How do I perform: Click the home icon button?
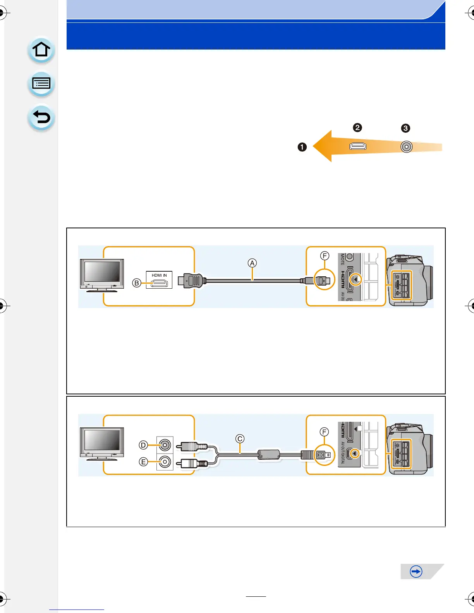point(41,50)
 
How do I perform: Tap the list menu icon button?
point(41,84)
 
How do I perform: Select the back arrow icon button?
point(41,117)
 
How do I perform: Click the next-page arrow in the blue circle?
point(416,572)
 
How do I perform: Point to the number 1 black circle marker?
point(302,147)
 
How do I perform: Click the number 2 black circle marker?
point(357,127)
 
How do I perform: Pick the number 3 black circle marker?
point(405,128)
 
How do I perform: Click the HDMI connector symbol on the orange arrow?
point(358,146)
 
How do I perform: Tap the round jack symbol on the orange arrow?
point(406,147)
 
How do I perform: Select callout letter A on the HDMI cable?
point(252,263)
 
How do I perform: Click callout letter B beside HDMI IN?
point(136,283)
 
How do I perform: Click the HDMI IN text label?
point(159,275)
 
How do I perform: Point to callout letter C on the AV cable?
point(240,438)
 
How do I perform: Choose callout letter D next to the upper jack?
point(143,445)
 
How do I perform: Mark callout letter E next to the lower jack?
point(143,462)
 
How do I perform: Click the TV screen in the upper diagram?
point(102,271)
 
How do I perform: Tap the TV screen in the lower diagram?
point(102,440)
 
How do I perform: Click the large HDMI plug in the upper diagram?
point(190,280)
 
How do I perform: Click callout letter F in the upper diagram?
point(325,255)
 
